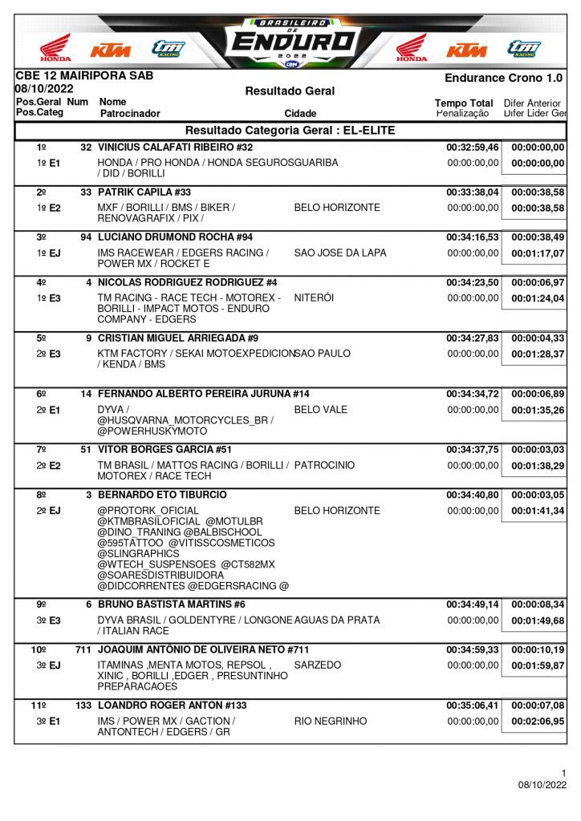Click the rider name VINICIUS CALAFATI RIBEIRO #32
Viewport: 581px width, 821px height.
pyautogui.click(x=175, y=148)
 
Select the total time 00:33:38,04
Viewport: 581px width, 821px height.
pyautogui.click(x=472, y=192)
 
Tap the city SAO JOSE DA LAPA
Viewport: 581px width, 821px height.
pyautogui.click(x=340, y=253)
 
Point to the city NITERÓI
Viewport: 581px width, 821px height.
pyautogui.click(x=314, y=297)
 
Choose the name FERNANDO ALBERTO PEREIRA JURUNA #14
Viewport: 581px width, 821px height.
pyautogui.click(x=203, y=394)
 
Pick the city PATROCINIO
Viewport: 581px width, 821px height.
pyautogui.click(x=324, y=465)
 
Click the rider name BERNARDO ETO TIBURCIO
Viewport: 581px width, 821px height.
pyautogui.click(x=162, y=495)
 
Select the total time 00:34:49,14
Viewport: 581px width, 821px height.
pyautogui.click(x=472, y=605)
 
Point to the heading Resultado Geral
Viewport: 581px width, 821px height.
pyautogui.click(x=290, y=91)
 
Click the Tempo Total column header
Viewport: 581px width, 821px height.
pyautogui.click(x=464, y=103)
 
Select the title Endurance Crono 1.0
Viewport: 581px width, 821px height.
pyautogui.click(x=503, y=78)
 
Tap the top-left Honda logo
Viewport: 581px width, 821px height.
pyautogui.click(x=55, y=48)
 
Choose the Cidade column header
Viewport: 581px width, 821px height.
pyautogui.click(x=300, y=114)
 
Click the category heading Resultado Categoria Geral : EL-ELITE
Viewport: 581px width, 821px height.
pyautogui.click(x=290, y=131)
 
